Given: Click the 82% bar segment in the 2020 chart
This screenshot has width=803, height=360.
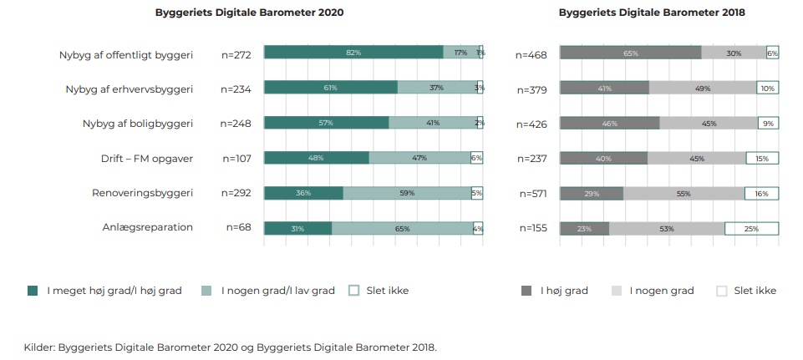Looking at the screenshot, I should [x=353, y=53].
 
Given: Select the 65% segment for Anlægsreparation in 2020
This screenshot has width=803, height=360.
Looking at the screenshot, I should [x=403, y=228].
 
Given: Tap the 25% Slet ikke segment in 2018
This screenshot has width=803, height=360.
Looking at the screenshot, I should [x=751, y=228].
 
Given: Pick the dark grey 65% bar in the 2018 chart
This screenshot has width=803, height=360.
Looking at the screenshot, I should [x=630, y=53].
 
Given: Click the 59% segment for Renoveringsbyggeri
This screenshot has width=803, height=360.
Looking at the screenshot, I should [x=407, y=193].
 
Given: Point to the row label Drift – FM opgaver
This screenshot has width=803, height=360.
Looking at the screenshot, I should [x=147, y=157].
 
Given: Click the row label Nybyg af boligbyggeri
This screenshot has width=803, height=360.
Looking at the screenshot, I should [x=138, y=123].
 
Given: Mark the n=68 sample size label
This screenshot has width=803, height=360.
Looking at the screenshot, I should [x=239, y=226].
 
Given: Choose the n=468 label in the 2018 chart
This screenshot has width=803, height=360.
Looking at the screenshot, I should [x=531, y=54].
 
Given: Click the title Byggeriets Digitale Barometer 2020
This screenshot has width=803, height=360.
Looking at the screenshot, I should [x=249, y=13].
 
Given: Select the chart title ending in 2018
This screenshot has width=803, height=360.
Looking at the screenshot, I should [x=651, y=13].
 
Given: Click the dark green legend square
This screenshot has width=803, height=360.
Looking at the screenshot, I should [x=33, y=291].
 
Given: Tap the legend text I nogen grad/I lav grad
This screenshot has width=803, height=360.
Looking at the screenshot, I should [x=277, y=291].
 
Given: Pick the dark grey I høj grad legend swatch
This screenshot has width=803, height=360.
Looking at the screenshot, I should [x=526, y=291].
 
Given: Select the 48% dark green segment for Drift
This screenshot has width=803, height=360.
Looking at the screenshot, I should [x=317, y=158].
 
